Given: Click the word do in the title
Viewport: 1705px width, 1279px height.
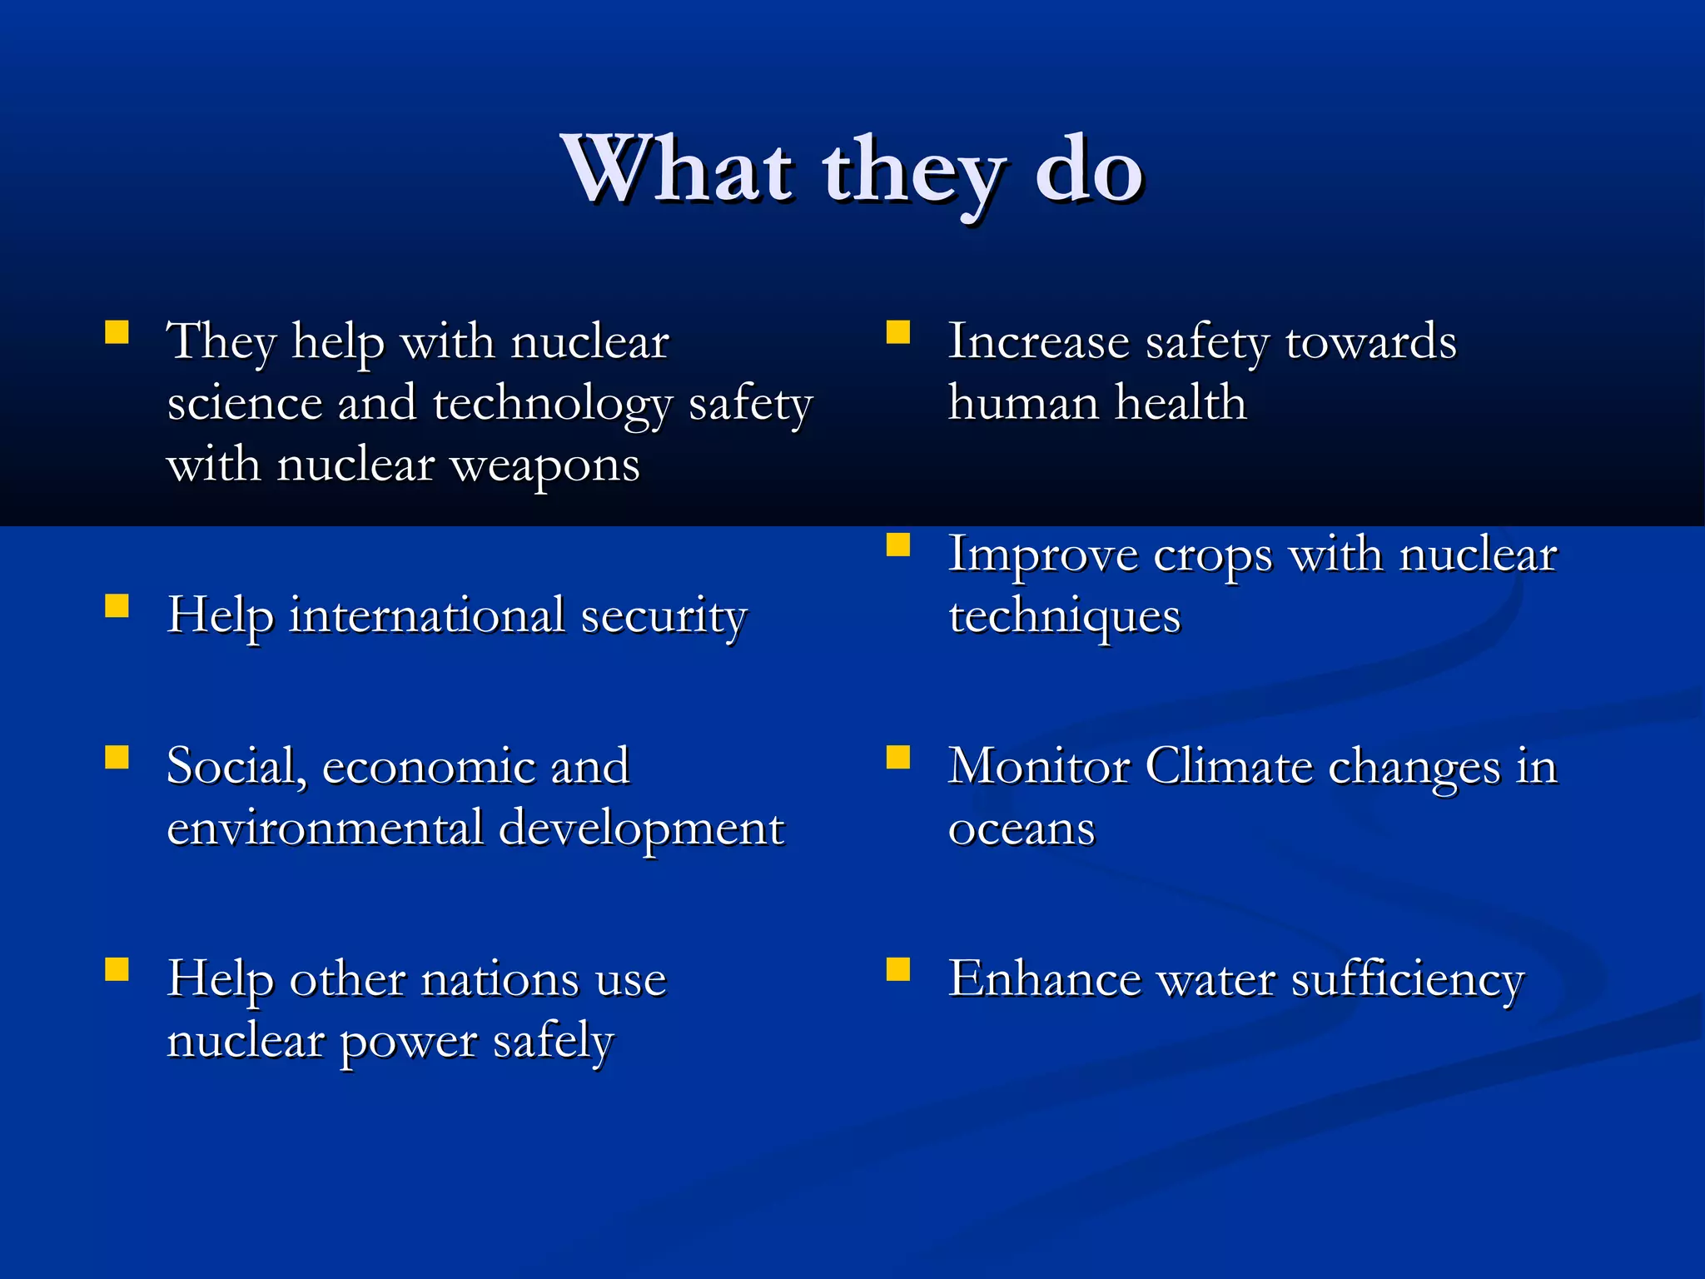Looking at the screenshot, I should point(1089,170).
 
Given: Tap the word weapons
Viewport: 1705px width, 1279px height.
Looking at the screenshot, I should point(544,465).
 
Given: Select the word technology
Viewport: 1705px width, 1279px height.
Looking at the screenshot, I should point(552,406).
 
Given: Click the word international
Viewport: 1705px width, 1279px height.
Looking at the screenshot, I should point(427,616).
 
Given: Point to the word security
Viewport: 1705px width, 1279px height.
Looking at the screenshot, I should point(664,618).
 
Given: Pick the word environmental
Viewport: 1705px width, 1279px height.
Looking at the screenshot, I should point(326,828).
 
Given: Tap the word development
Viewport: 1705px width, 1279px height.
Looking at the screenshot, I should point(641,829).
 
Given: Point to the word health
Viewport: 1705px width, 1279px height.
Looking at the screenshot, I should point(1181,403).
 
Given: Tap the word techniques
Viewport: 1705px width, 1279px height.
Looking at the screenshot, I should point(1065,618).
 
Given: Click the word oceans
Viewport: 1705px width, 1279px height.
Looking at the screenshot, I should point(1022,829).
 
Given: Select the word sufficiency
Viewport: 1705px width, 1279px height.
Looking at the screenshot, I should point(1407,979).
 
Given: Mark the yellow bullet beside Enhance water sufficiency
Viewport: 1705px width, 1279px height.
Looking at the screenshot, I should point(898,969).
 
